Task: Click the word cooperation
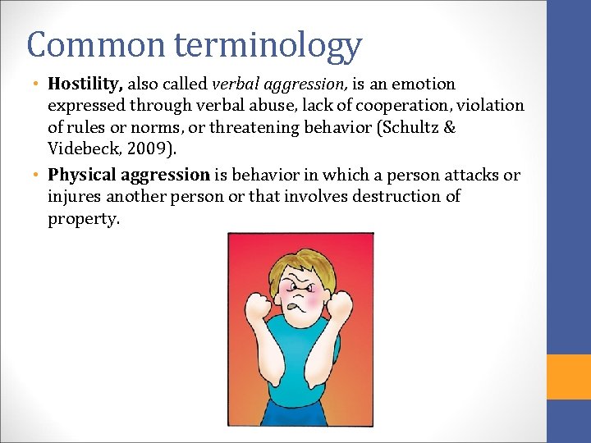397,106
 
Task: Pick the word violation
492,106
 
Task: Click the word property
83,220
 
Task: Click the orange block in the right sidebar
569,377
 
